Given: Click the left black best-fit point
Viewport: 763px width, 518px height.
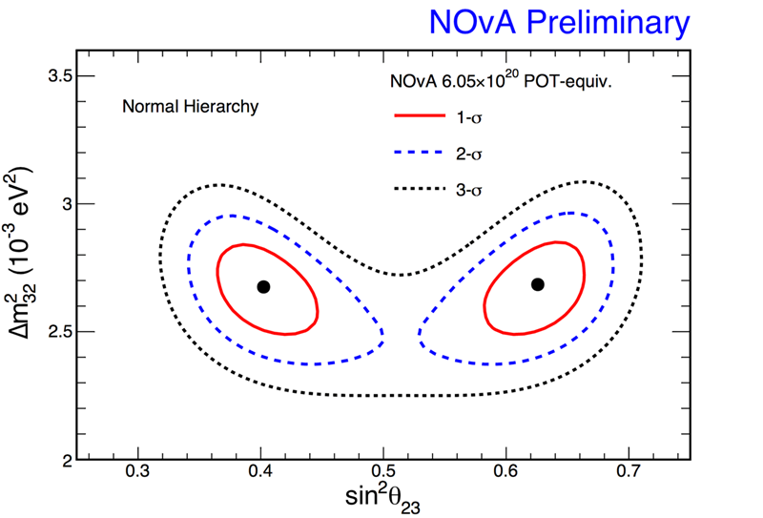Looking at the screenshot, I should [x=263, y=286].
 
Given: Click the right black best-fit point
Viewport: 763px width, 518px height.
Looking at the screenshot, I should [x=538, y=284].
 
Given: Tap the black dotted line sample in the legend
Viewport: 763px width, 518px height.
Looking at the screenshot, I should [x=420, y=192].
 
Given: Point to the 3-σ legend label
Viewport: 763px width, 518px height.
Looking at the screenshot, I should [x=468, y=192].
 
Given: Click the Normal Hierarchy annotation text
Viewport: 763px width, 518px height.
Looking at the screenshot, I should [x=190, y=107].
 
